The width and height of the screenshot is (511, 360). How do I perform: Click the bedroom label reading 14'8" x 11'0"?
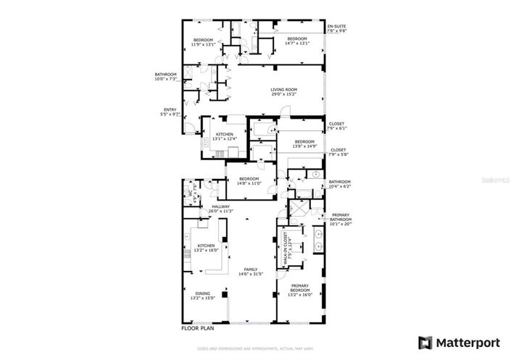click(249, 181)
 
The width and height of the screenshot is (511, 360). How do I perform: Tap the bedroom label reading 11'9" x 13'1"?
click(203, 42)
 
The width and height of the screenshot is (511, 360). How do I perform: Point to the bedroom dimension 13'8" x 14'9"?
click(304, 146)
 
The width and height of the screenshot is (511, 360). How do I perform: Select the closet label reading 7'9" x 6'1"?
click(338, 126)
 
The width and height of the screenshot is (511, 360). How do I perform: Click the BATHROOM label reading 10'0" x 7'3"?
click(165, 77)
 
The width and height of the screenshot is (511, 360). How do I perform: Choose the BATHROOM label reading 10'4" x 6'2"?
click(340, 184)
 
